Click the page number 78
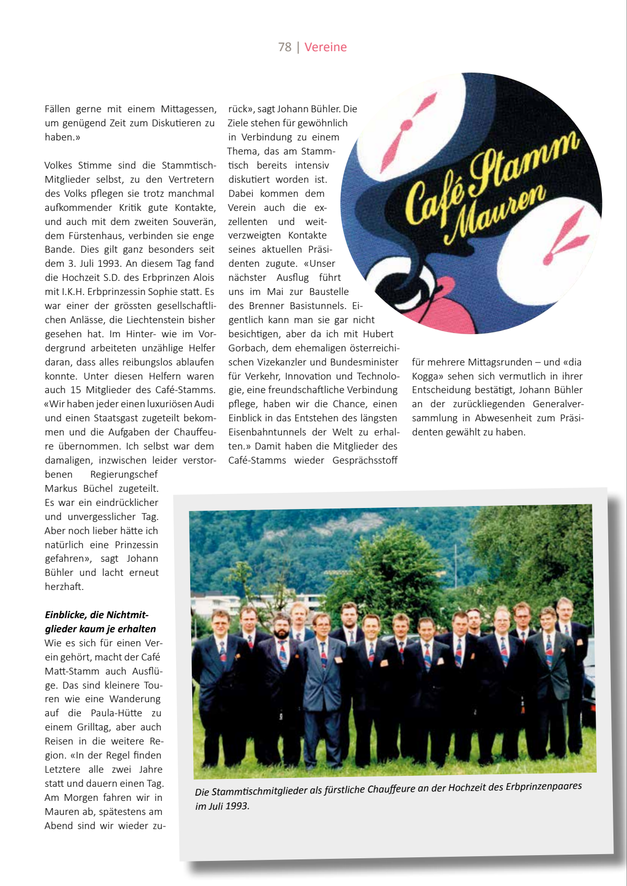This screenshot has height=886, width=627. click(284, 47)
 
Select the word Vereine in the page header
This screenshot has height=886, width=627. click(326, 47)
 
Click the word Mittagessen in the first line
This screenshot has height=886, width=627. click(188, 109)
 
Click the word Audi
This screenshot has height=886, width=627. click(204, 404)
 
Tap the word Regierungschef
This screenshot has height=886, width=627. click(124, 475)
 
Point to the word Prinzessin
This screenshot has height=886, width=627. click(136, 545)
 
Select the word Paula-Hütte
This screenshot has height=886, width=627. click(116, 713)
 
